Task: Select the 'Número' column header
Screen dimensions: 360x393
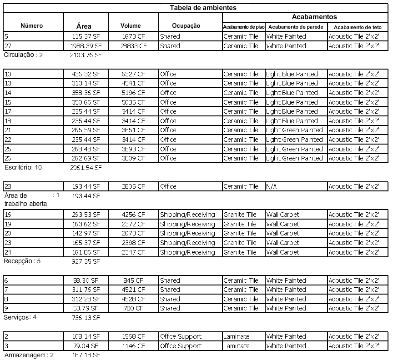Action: [x=32, y=26]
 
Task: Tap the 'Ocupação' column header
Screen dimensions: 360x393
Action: [x=186, y=26]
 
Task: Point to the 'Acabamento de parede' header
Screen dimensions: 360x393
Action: [x=296, y=27]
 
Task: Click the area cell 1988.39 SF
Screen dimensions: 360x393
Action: [x=86, y=46]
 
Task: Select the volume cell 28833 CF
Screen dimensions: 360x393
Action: [x=134, y=46]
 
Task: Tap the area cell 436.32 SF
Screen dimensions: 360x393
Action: [x=86, y=74]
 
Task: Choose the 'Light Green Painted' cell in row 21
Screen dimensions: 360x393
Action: [x=294, y=130]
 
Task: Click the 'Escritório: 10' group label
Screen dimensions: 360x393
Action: [x=23, y=167]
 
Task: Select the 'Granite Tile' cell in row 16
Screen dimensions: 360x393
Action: [x=240, y=215]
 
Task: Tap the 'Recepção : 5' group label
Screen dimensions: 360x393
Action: [x=22, y=261]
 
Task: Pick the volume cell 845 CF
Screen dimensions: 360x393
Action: [x=134, y=280]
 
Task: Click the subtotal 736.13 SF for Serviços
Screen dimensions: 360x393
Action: [x=86, y=318]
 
